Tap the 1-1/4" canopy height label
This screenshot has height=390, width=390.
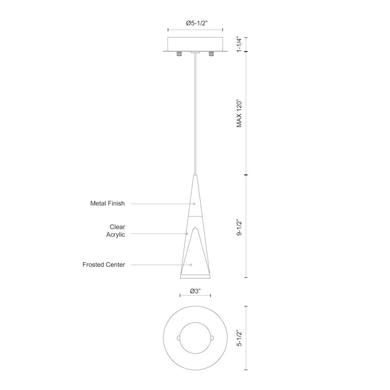pos(239,45)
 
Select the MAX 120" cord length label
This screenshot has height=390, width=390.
pos(239,114)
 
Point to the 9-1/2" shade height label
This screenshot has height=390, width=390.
pos(239,227)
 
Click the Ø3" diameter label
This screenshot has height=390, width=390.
pos(195,291)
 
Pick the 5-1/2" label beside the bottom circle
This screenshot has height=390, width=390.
pos(239,338)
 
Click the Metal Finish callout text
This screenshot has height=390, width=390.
pos(108,204)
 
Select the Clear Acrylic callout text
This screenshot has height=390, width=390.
pos(116,230)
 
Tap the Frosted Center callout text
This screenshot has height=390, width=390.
pos(104,265)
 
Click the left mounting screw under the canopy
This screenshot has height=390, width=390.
pos(179,54)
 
